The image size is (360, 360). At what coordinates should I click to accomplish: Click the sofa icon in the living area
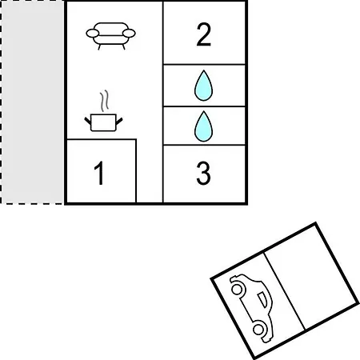[110, 36]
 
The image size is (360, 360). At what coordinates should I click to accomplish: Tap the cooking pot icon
[103, 122]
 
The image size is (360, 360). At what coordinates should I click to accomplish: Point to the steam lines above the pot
[105, 101]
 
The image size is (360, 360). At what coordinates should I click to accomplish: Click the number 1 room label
[99, 173]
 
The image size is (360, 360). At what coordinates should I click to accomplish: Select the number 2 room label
[204, 34]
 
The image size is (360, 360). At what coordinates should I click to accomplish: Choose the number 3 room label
[203, 174]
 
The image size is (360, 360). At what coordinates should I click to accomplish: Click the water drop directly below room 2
[204, 86]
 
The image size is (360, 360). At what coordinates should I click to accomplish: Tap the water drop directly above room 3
[204, 126]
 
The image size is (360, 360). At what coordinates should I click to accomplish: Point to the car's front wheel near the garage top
[237, 289]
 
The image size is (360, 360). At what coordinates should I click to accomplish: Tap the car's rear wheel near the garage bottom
[258, 329]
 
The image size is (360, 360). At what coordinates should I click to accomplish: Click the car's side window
[262, 299]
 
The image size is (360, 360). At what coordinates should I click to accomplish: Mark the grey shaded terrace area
[32, 102]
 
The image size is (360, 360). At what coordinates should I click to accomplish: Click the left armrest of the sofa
[93, 34]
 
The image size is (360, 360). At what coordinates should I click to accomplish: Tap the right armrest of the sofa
[129, 34]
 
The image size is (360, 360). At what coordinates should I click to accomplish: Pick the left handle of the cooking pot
[88, 121]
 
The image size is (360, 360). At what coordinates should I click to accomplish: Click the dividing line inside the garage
[284, 290]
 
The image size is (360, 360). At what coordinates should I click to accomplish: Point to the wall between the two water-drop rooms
[204, 106]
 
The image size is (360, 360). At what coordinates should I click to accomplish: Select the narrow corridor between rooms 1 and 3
[150, 170]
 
